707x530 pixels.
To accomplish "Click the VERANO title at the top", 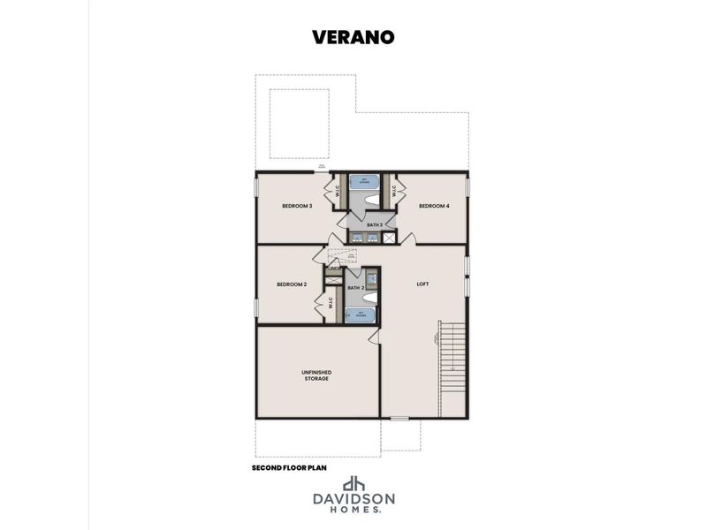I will click(x=353, y=37).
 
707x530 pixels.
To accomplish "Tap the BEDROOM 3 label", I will click(x=297, y=206).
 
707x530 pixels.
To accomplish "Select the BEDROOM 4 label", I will click(x=434, y=206).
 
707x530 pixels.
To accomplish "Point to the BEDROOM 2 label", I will click(x=292, y=284).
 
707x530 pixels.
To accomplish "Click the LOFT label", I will click(x=422, y=284).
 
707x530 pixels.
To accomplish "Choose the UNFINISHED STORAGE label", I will click(x=316, y=375).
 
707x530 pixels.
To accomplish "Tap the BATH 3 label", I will click(x=375, y=224).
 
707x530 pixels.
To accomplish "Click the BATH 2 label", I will click(x=355, y=288).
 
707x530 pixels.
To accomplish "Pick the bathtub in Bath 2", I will click(x=360, y=315).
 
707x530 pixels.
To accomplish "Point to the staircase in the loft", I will click(x=452, y=357).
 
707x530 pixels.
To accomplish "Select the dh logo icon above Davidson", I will click(x=353, y=484).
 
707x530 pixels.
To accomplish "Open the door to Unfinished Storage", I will click(x=375, y=337).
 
